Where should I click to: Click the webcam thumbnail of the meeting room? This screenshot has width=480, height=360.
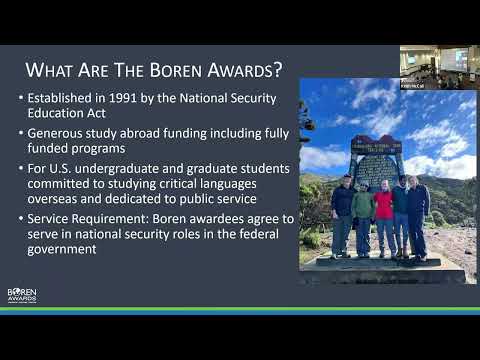click(439, 67)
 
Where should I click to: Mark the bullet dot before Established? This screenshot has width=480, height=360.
click(21, 100)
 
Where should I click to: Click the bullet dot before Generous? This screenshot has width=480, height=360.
click(21, 133)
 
